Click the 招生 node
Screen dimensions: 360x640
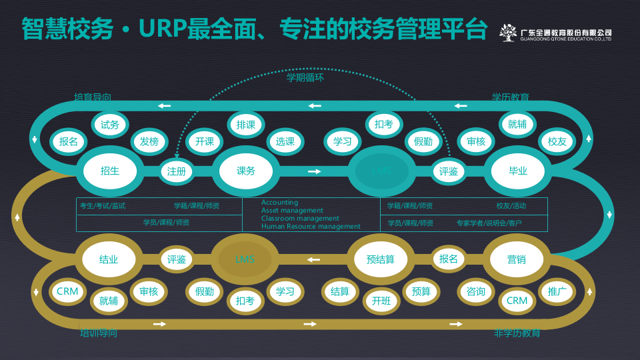pos(110,171)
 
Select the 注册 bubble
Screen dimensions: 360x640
pos(177,171)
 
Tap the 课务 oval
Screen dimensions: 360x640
pos(245,171)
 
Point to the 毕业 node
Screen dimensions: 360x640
pos(518,171)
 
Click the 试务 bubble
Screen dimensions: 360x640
pos(110,125)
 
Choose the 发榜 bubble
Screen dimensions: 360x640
pos(149,141)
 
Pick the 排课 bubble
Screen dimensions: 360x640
pos(246,125)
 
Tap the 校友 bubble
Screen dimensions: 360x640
pos(557,141)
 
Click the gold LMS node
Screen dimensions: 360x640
pos(245,259)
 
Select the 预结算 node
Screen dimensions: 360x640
pos(381,259)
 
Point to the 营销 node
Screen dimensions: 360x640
pos(517,259)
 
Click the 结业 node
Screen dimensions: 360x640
pos(109,259)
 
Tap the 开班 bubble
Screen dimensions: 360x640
pos(381,301)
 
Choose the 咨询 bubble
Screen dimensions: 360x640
pos(476,291)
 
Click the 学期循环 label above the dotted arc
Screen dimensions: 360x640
pos(305,77)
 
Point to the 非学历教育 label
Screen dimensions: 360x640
pos(517,333)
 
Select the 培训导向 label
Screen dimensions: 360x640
pos(98,333)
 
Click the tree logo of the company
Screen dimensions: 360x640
pos(509,33)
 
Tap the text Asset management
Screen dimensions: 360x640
pos(292,211)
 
